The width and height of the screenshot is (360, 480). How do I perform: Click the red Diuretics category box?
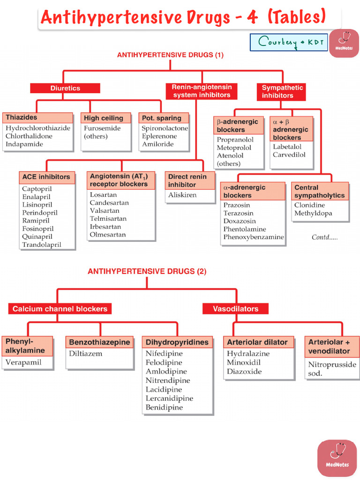[65, 88]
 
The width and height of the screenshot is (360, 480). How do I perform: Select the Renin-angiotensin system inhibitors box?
[201, 91]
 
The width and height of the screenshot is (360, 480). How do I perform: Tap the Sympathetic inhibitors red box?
[282, 91]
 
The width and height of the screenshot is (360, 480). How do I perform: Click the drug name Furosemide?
[102, 128]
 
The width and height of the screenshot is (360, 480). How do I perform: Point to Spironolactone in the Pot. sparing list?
[165, 128]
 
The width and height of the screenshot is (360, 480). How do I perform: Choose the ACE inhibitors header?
[46, 177]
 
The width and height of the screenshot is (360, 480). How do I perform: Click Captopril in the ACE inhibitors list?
[37, 189]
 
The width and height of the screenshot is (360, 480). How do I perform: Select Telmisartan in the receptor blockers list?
[108, 219]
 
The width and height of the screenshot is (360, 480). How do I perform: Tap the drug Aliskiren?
[182, 195]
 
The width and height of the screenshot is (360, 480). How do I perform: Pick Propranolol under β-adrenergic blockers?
[235, 140]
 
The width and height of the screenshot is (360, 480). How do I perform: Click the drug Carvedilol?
[289, 155]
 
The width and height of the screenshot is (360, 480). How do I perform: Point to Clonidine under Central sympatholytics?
[309, 205]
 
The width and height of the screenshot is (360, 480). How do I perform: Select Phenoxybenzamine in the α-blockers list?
[254, 237]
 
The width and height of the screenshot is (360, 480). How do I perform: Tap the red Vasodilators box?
[235, 309]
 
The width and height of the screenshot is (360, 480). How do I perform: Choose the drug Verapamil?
[23, 362]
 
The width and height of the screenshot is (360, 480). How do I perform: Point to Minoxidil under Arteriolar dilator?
[244, 362]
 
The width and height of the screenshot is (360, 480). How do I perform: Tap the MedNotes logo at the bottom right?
[337, 458]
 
